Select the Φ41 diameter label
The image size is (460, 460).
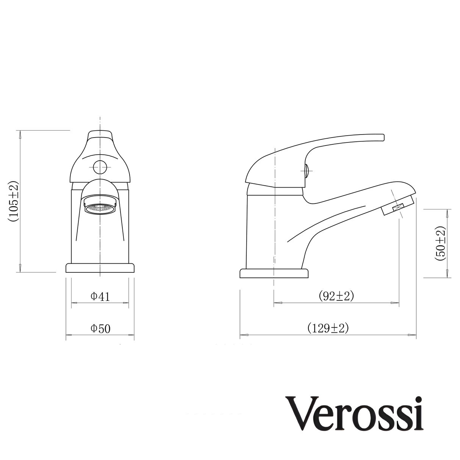pos(100,296)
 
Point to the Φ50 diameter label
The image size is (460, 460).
pos(100,329)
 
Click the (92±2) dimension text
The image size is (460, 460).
pos(336,296)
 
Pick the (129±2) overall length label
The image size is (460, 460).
pos(328,328)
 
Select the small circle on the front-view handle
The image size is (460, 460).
pos(100,166)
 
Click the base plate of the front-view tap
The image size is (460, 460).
pos(100,268)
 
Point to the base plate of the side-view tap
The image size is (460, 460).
pos(274,274)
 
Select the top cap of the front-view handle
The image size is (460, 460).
pos(100,135)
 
